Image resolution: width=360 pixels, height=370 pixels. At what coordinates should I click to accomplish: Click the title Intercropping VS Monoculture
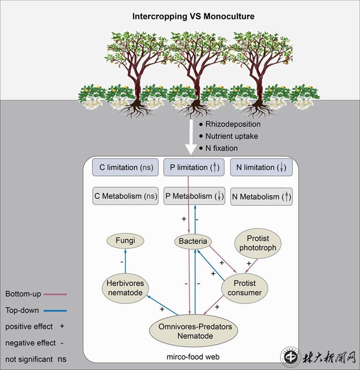click(x=193, y=16)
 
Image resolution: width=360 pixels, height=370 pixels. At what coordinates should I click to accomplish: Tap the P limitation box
click(x=193, y=167)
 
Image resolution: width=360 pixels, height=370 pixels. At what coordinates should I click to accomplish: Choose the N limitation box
click(x=261, y=167)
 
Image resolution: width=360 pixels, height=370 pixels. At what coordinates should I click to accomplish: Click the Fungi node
click(x=125, y=240)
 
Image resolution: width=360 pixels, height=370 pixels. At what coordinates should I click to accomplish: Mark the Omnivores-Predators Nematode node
click(x=194, y=331)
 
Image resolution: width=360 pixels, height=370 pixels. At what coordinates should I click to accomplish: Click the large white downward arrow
click(x=191, y=137)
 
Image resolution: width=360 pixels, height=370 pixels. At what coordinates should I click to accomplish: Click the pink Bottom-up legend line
click(x=55, y=294)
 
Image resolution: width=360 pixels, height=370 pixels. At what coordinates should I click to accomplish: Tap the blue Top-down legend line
click(x=55, y=310)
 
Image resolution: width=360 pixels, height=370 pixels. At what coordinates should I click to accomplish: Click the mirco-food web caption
click(x=193, y=357)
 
